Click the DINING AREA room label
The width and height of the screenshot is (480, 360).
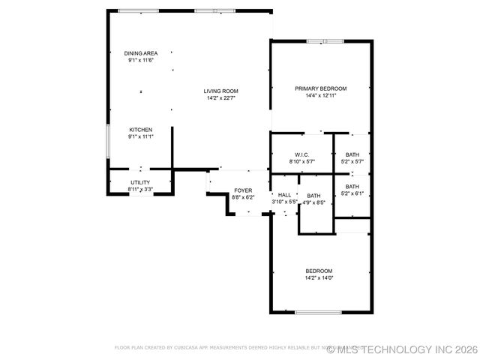(140, 53)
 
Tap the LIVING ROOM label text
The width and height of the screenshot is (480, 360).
(220, 91)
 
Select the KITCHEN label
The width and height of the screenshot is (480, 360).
(140, 130)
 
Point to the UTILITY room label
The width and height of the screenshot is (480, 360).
(140, 182)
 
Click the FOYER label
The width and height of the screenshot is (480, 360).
(243, 190)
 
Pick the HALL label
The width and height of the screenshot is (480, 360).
(284, 195)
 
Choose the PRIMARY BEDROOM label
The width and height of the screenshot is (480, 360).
(320, 88)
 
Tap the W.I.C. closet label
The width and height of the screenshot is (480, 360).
(302, 154)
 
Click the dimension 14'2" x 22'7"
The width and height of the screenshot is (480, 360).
(220, 98)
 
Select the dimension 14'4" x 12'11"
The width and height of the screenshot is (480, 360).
(320, 95)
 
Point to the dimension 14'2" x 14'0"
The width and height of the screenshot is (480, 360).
(319, 277)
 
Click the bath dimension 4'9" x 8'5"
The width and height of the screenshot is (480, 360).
(313, 202)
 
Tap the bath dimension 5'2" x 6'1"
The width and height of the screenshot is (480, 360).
(352, 193)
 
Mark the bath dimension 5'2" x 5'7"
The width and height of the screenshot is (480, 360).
(352, 161)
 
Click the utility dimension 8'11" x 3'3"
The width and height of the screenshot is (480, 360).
(140, 190)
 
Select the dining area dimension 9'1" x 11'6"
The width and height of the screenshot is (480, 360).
(140, 60)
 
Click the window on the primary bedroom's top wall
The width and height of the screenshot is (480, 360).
(325, 40)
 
